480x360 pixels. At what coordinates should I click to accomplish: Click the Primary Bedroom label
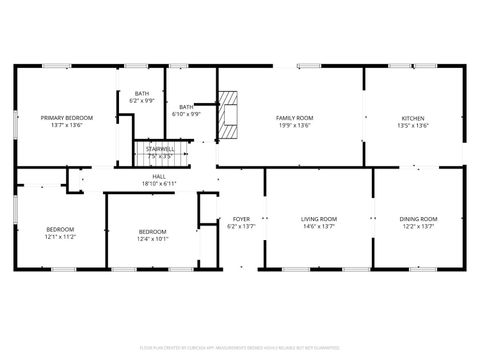point(61,118)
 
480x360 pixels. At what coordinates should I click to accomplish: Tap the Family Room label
point(294,118)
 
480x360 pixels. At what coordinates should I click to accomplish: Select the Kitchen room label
point(413,118)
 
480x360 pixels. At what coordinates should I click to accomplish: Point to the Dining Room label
point(418,218)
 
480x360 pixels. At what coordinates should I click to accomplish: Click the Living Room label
point(319,218)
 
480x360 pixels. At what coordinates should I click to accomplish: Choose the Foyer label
point(241,218)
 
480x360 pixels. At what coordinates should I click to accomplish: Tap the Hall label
point(159,176)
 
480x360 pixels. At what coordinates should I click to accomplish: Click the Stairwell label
point(160,149)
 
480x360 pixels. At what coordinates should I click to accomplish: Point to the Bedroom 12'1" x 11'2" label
point(60,229)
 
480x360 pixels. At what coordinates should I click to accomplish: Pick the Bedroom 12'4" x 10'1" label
point(153,231)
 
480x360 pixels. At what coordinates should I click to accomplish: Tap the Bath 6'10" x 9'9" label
point(186,107)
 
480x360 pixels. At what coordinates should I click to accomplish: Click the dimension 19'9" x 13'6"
point(294,126)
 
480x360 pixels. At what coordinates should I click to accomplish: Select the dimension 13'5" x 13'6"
point(413,126)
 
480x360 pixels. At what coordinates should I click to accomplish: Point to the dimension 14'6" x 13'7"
point(319,226)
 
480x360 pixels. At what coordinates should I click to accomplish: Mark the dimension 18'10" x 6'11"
point(159,184)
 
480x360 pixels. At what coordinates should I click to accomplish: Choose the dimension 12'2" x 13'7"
point(418,226)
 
